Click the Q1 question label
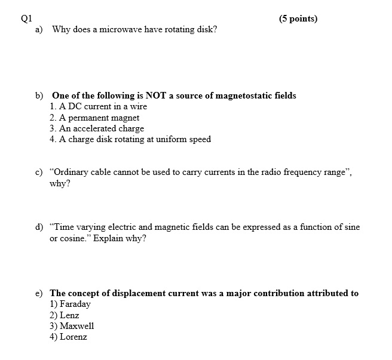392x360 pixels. pos(26,18)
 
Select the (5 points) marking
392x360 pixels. pos(298,19)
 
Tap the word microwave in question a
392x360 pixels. pos(120,29)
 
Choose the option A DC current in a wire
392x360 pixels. pos(99,106)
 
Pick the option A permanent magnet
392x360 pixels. pos(95,118)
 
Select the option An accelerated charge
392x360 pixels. pos(97,128)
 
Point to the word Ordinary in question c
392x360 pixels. pos(72,172)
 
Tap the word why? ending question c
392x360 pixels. pos(60,183)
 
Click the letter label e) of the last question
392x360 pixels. pos(39,293)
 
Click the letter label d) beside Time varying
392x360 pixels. pos(39,227)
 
